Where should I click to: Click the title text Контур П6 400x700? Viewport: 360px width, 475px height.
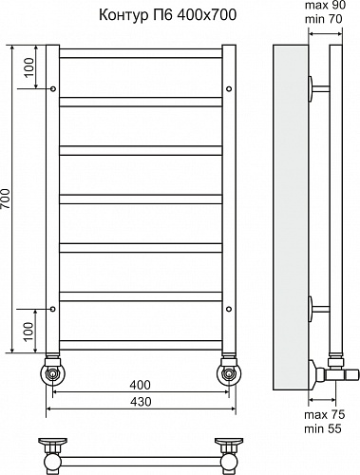(168, 14)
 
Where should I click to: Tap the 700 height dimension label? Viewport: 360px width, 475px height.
(6, 199)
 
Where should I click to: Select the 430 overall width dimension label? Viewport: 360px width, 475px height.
(141, 402)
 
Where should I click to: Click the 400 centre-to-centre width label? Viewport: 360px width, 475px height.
(141, 385)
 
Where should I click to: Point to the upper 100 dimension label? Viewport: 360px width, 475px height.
(28, 67)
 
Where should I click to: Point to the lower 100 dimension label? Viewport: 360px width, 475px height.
(28, 331)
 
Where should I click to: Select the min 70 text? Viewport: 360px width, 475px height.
(323, 19)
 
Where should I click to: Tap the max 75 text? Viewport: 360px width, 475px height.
(324, 414)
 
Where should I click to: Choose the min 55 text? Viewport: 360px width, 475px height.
(323, 428)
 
